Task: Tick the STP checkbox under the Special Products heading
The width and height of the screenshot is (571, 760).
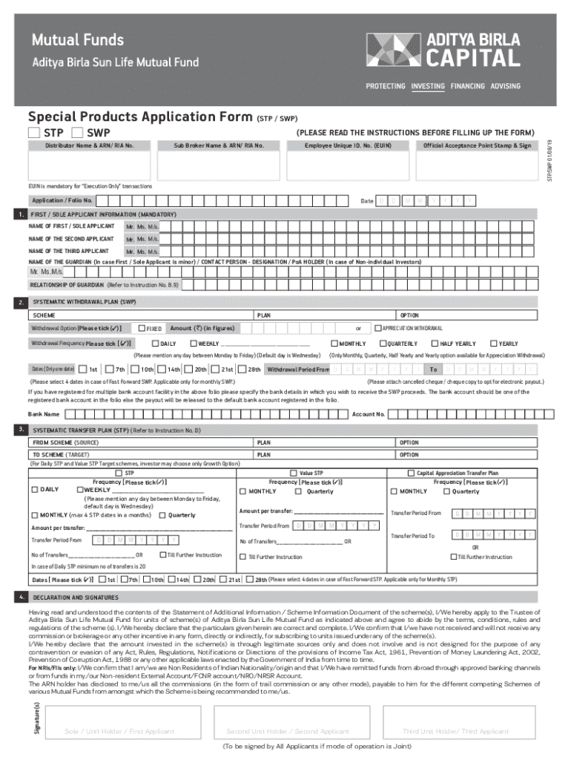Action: tap(33, 133)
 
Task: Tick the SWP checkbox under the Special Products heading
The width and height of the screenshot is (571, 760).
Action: tap(77, 133)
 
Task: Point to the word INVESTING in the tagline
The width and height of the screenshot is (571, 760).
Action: tap(427, 86)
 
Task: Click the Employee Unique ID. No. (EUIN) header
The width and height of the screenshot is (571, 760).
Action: tap(348, 145)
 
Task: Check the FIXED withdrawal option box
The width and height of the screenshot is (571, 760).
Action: tap(142, 328)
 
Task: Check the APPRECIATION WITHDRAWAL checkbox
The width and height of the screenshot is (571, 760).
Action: tap(377, 328)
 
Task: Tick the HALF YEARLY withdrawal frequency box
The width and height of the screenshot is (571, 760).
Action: tap(435, 344)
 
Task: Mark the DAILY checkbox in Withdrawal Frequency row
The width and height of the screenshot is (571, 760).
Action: tap(155, 344)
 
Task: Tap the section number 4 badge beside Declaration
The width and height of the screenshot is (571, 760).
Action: tap(22, 597)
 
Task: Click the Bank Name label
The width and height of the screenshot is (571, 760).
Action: tap(44, 414)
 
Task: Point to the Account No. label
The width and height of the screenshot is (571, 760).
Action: tap(369, 414)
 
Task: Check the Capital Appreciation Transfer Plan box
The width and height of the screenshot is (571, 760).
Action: tap(412, 473)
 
